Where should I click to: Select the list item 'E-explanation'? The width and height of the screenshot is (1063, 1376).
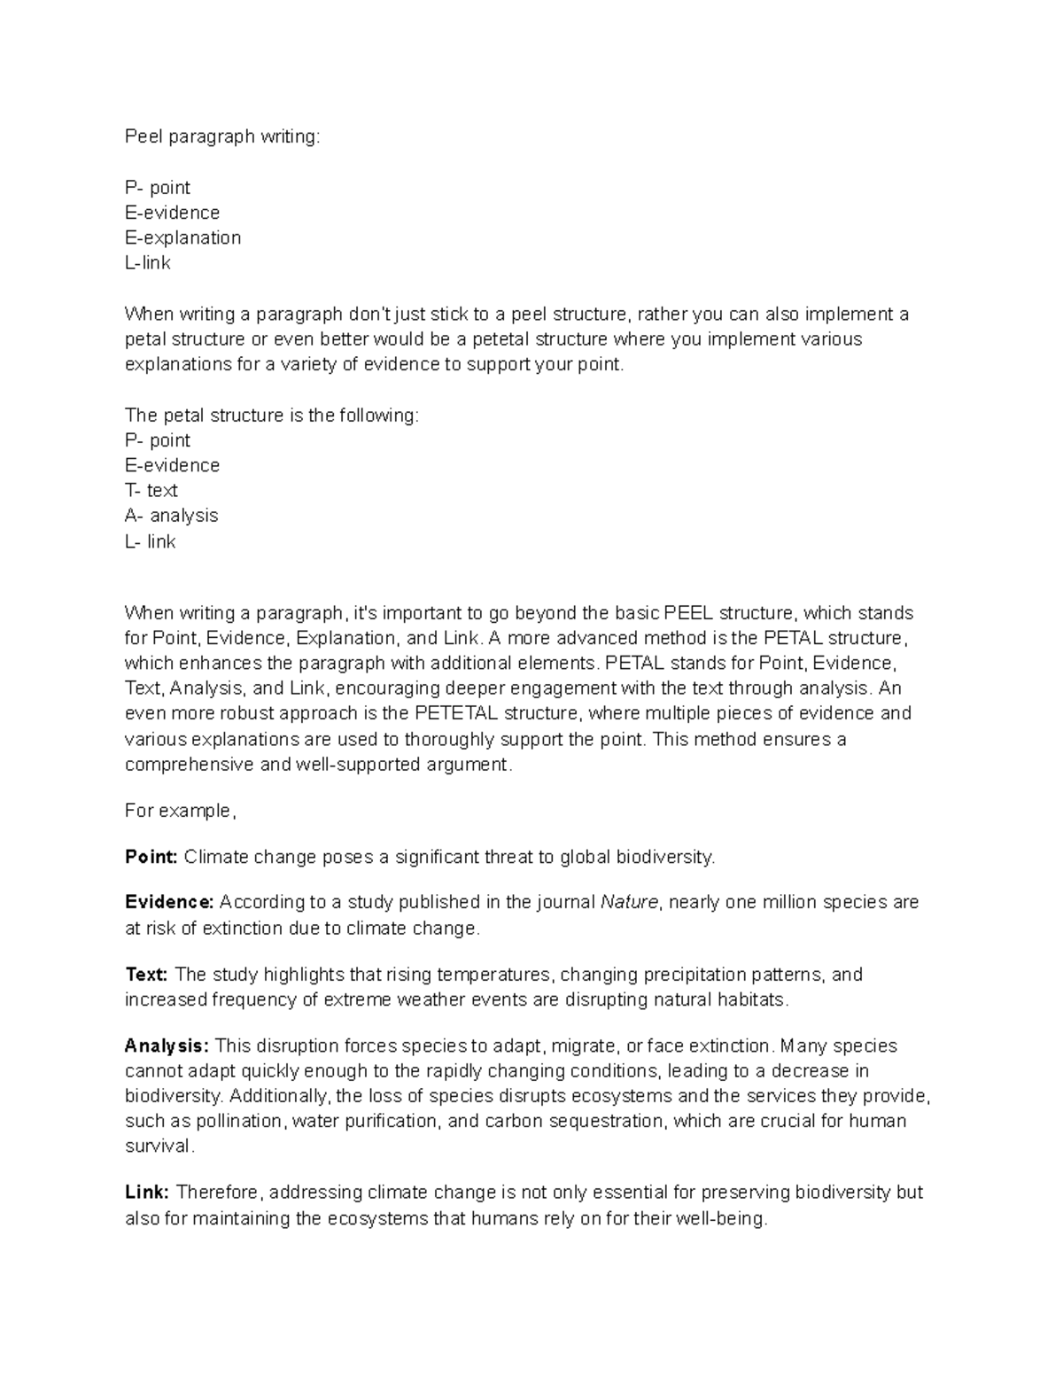(x=182, y=237)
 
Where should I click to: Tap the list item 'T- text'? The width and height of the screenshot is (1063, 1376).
(x=151, y=490)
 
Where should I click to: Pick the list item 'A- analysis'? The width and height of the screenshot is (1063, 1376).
(x=171, y=516)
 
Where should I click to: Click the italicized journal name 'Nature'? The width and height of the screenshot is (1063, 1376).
(x=629, y=902)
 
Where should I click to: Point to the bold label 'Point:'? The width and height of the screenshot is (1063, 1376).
(x=151, y=857)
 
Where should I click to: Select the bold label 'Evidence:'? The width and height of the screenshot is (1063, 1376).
(x=169, y=902)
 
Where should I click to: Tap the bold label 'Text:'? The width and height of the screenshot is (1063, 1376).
(x=146, y=975)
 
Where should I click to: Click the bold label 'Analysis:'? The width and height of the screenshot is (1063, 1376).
(x=167, y=1046)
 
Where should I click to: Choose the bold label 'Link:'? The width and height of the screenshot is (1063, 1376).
(x=147, y=1193)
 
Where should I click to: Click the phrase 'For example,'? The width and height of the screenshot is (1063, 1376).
(x=181, y=811)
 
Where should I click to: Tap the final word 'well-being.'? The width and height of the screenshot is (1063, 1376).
(x=722, y=1218)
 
